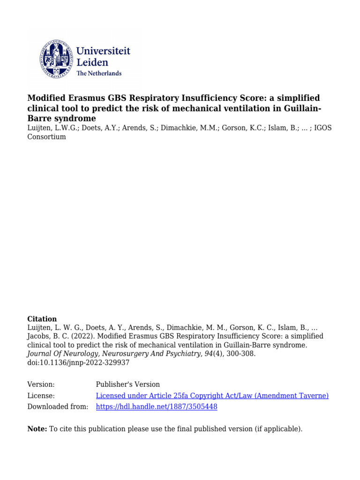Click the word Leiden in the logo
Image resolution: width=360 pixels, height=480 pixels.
[x=92, y=62]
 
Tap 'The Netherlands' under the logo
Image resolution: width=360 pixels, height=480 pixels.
[x=98, y=73]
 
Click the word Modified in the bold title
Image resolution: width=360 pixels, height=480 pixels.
[x=48, y=98]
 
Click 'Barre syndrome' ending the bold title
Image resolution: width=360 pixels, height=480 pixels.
[x=61, y=119]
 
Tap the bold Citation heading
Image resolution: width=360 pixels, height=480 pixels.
[x=42, y=319]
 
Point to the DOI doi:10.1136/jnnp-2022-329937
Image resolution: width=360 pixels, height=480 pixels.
[x=79, y=362]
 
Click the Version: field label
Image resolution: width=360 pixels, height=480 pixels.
[x=41, y=384]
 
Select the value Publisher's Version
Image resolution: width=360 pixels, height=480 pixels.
[x=127, y=384]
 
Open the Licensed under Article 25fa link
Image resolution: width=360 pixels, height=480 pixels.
[x=212, y=396]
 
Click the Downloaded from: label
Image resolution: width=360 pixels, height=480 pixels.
[x=58, y=407]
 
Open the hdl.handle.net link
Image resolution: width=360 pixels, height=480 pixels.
[x=157, y=407]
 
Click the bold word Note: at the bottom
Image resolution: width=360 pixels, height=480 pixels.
[x=37, y=428]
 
